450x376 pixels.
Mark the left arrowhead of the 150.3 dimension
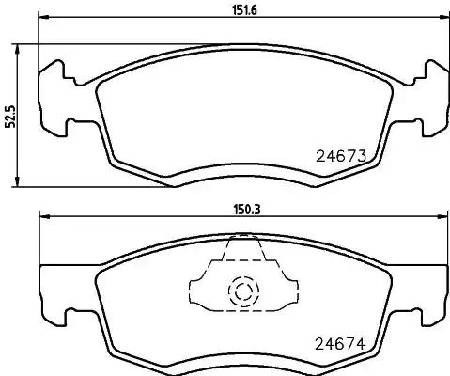[41, 218]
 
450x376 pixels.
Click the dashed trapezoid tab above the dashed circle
[243, 254]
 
